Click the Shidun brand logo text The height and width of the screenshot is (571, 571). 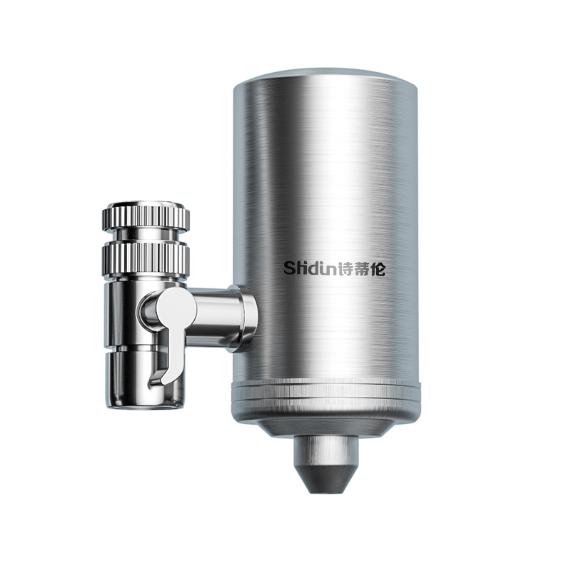pos(334,268)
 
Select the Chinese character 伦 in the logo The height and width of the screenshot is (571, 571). pos(378,268)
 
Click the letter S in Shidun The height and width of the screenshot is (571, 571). pos(290,269)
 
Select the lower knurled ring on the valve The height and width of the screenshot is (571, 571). pos(146,258)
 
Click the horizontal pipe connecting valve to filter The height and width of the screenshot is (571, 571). pos(212,315)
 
